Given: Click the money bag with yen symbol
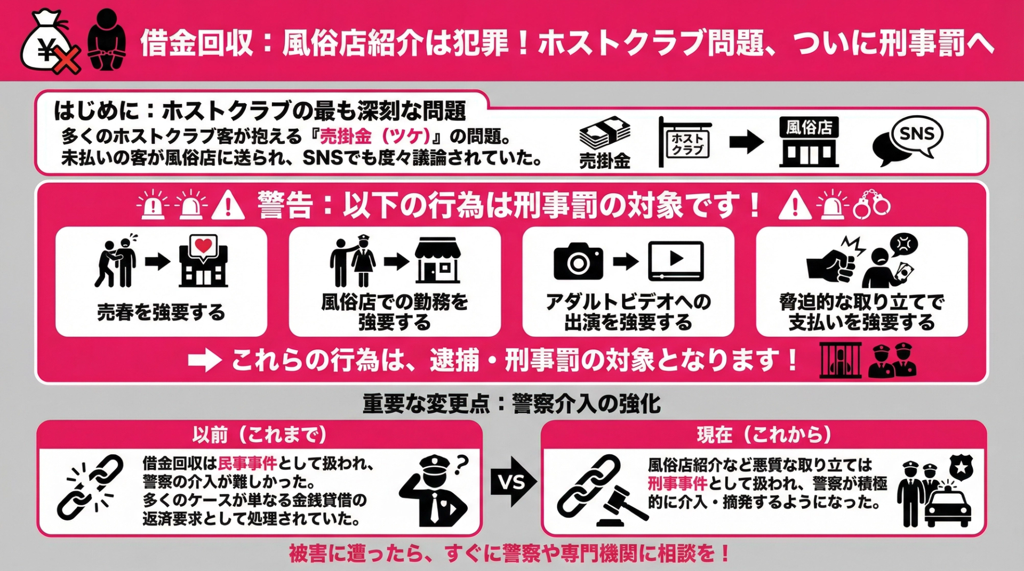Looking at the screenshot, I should tap(45, 43).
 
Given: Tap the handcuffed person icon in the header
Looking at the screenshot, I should tap(107, 40).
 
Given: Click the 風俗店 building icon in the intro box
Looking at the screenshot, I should tap(809, 142).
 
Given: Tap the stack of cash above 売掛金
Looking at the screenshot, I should tap(605, 134).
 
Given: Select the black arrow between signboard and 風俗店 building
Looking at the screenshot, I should tap(746, 142).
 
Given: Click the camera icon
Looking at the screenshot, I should tap(578, 262).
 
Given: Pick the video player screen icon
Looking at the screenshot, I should tap(676, 260).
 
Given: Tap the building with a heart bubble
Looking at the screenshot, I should tap(203, 262).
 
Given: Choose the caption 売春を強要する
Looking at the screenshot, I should tap(161, 312).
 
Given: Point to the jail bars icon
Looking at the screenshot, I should tap(840, 361).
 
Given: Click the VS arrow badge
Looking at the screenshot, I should tap(513, 482).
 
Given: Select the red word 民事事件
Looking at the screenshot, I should tap(247, 463).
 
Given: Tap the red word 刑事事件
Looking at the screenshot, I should tap(677, 483).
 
